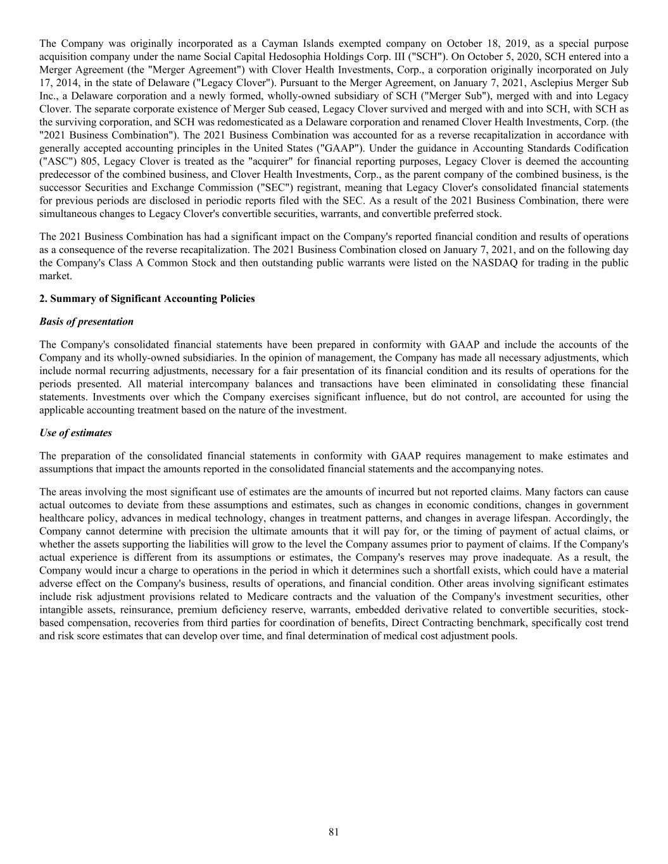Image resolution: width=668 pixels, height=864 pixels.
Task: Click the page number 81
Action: pyautogui.click(x=334, y=832)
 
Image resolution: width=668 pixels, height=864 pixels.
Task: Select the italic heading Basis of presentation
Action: pyautogui.click(x=86, y=322)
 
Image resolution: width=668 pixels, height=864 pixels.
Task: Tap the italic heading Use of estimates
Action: pyautogui.click(x=75, y=433)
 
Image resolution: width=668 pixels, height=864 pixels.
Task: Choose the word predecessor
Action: pyautogui.click(x=64, y=175)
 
